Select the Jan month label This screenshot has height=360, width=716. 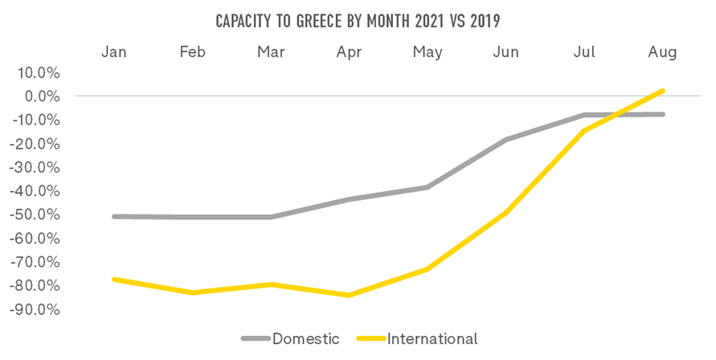tap(115, 52)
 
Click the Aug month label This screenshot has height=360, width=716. tap(662, 52)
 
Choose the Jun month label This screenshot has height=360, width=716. tap(505, 52)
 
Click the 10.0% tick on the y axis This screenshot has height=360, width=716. tap(39, 73)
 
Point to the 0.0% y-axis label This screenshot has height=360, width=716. tap(42, 96)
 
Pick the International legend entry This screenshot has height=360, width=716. tap(432, 338)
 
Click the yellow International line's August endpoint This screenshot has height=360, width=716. tap(662, 91)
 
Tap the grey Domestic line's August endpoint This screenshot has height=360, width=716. tap(662, 114)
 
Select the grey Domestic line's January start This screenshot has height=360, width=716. tap(115, 216)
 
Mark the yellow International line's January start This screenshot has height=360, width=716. tap(115, 279)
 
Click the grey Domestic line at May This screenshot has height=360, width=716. tap(428, 187)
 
